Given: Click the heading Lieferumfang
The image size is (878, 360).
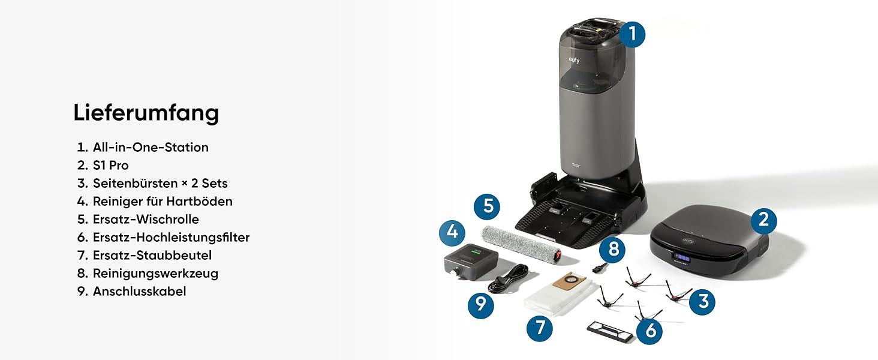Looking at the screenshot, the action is [146, 113].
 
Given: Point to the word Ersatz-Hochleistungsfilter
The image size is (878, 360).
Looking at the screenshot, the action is [171, 237].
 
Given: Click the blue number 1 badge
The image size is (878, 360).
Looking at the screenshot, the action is [632, 34].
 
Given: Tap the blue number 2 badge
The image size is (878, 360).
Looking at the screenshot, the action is [763, 220].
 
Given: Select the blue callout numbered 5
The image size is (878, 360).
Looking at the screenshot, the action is [487, 206].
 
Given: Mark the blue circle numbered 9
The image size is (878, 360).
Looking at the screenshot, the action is [480, 305].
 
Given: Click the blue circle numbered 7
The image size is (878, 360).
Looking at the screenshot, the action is [539, 328].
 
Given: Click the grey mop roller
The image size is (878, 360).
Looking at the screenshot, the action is [521, 244].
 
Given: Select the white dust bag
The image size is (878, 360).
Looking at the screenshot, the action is [561, 295].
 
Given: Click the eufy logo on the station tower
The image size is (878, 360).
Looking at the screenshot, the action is [574, 60].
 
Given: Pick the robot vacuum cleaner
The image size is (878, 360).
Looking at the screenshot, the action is [709, 240].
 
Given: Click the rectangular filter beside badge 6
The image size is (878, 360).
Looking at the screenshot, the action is [610, 332].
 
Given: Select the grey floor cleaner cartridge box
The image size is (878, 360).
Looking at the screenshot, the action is [471, 262].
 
